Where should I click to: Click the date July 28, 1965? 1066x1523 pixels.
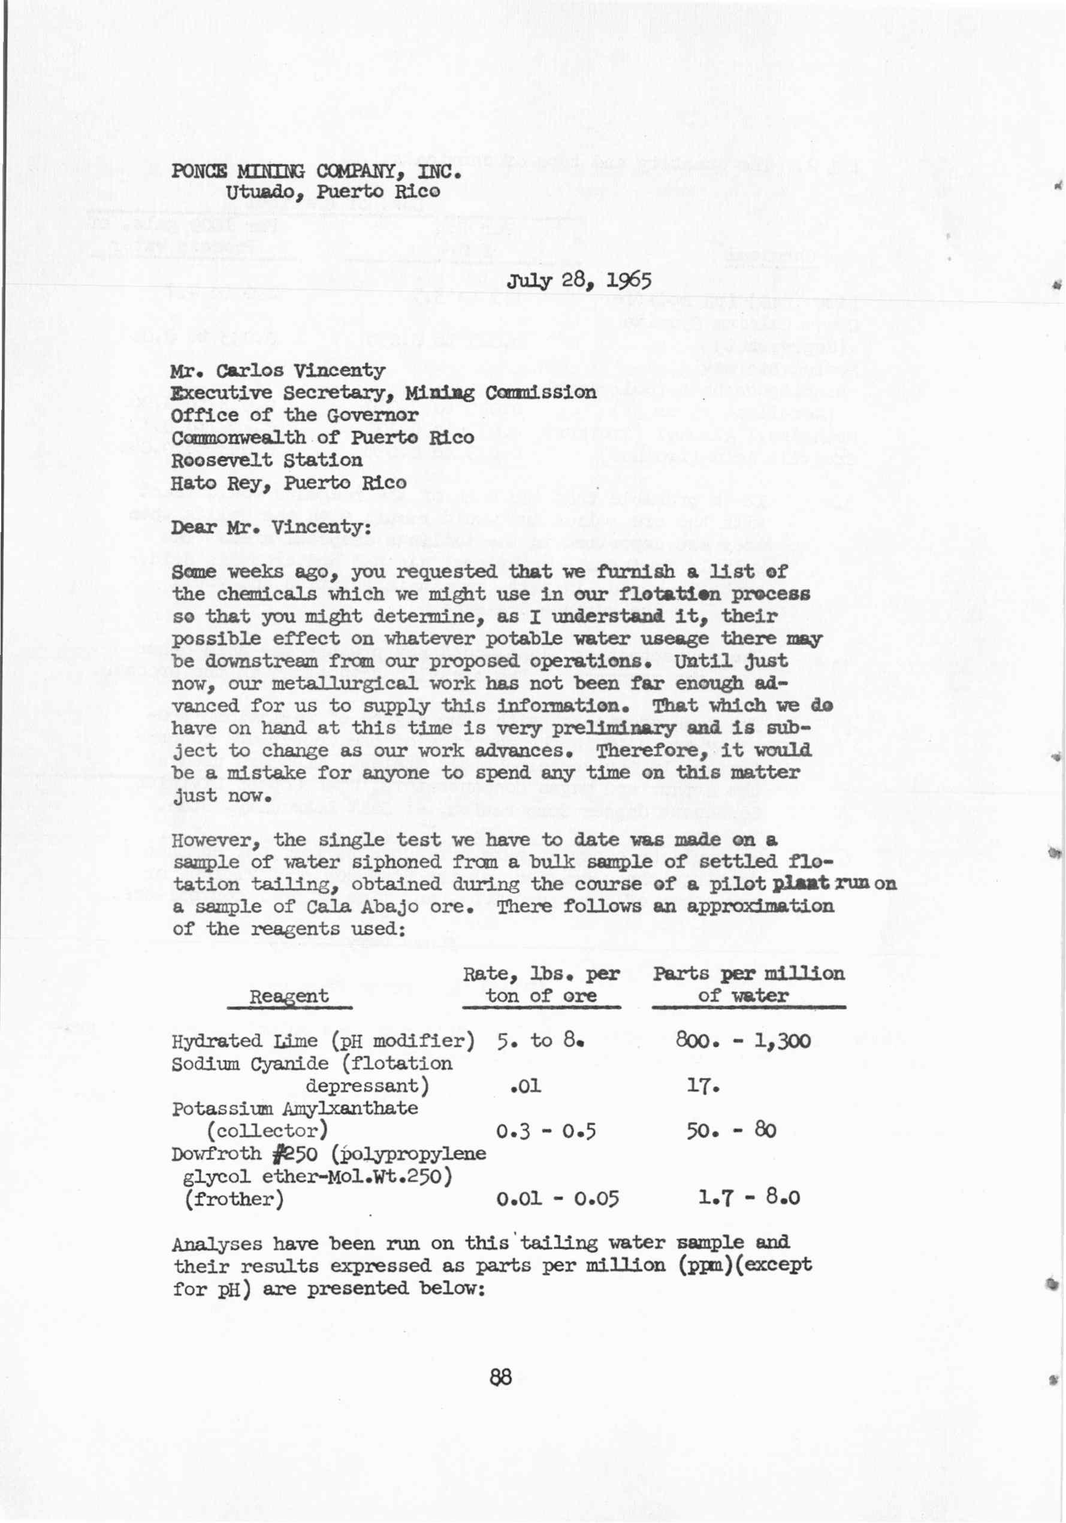tap(578, 280)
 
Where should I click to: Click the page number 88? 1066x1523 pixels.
tap(501, 1378)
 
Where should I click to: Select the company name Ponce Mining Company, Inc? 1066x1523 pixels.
tap(316, 171)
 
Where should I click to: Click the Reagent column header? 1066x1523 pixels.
tap(289, 996)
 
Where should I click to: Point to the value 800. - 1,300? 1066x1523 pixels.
tap(743, 1040)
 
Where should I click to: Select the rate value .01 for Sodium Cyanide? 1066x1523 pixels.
tap(526, 1086)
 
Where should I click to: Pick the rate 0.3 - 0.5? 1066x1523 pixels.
tap(546, 1131)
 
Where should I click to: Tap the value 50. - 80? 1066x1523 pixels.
tap(731, 1131)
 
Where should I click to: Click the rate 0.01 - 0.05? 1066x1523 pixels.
tap(557, 1199)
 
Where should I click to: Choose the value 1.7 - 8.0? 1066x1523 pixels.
tap(748, 1198)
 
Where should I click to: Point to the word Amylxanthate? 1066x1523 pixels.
tap(351, 1108)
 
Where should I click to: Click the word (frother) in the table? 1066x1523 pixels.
tap(234, 1199)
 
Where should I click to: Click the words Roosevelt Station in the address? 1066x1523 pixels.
tap(267, 460)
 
